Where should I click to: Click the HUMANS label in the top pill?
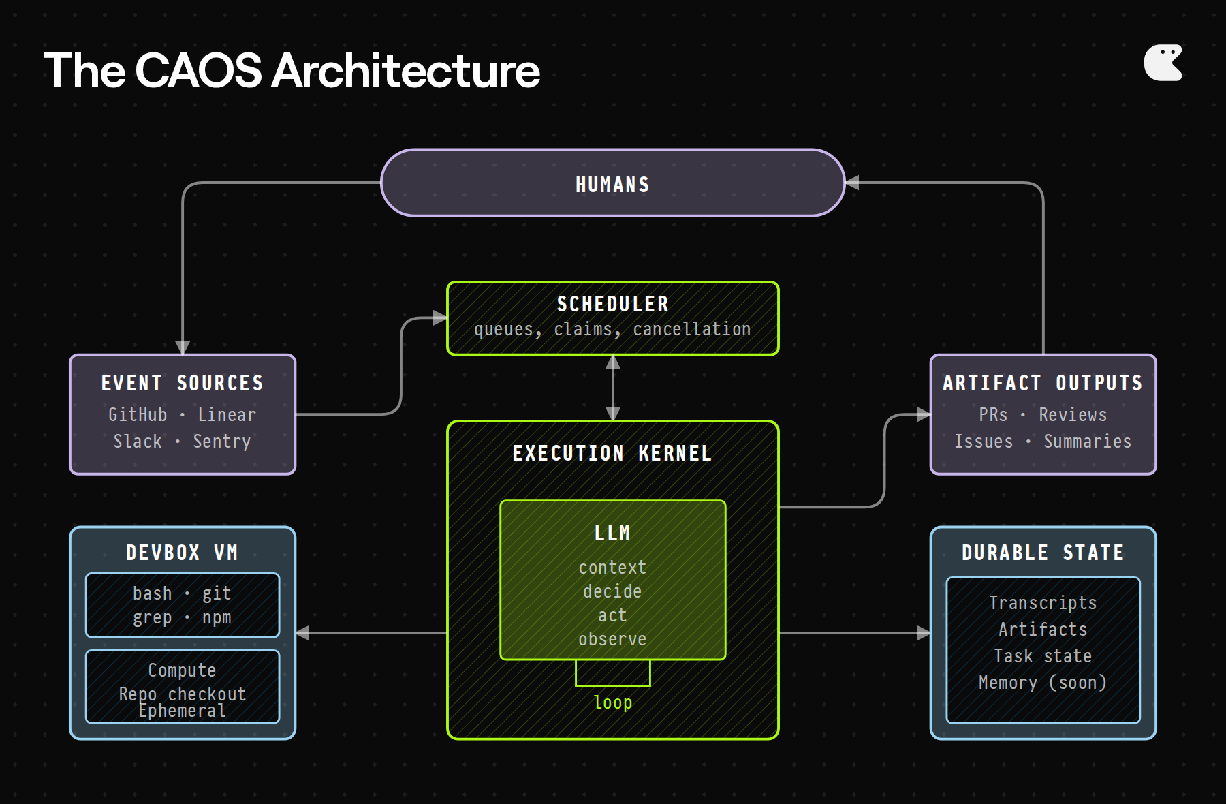(612, 185)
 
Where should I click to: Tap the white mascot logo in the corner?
(1163, 63)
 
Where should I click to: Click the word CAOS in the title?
(198, 70)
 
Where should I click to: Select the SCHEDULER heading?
(612, 304)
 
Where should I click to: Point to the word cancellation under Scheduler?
(691, 329)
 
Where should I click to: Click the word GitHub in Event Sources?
(138, 414)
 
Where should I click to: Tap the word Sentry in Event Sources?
(221, 441)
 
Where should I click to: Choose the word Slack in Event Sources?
(138, 441)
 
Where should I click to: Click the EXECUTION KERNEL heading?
(612, 453)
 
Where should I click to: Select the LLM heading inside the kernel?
(612, 533)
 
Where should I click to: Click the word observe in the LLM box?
(612, 639)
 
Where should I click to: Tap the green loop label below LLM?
(612, 702)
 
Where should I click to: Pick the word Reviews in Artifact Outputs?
(1073, 414)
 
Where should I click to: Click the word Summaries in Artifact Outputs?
(1087, 441)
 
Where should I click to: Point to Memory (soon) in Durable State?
(1043, 682)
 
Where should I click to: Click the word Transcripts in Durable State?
(1043, 602)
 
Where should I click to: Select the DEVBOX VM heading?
(182, 553)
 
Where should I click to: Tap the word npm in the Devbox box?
(217, 617)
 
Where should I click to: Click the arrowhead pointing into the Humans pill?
(852, 183)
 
